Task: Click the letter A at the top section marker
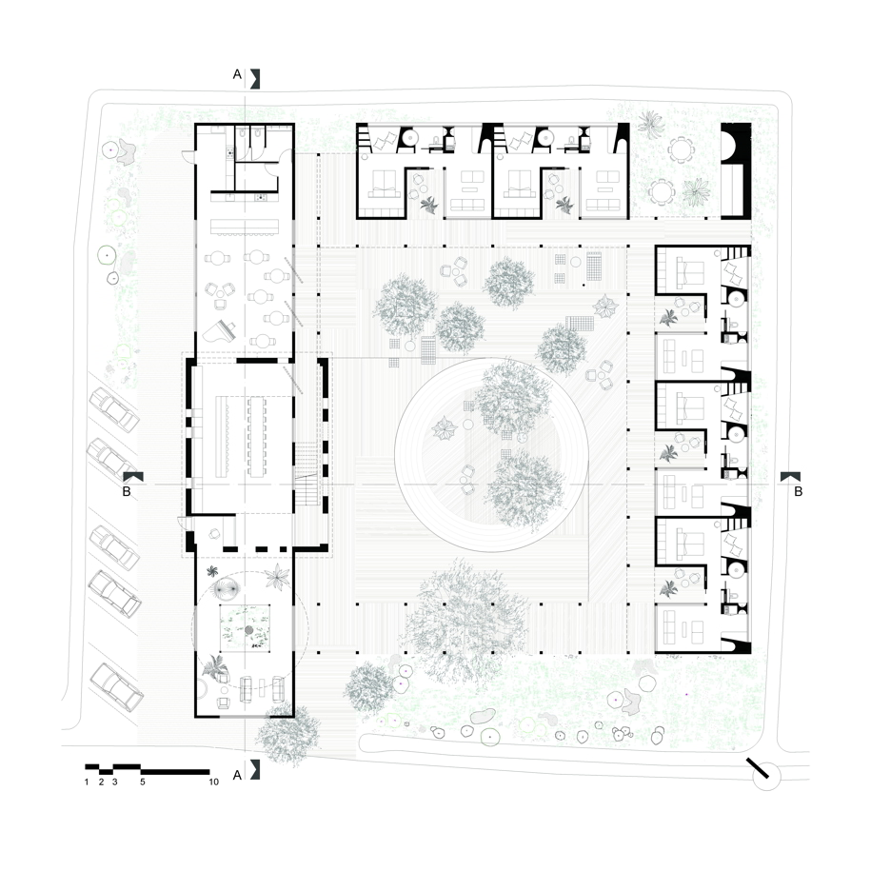pyautogui.click(x=237, y=74)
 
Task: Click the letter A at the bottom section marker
pyautogui.click(x=237, y=775)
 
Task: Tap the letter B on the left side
pyautogui.click(x=127, y=491)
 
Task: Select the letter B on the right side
pyautogui.click(x=799, y=491)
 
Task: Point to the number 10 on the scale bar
pyautogui.click(x=214, y=782)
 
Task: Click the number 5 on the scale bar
pyautogui.click(x=143, y=782)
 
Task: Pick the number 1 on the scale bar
pyautogui.click(x=87, y=782)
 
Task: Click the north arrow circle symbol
pyautogui.click(x=766, y=776)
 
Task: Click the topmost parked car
pyautogui.click(x=114, y=410)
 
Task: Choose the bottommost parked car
pyautogui.click(x=117, y=686)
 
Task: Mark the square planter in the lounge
pyautogui.click(x=246, y=627)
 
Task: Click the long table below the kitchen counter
pyautogui.click(x=245, y=227)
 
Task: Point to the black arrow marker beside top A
pyautogui.click(x=255, y=79)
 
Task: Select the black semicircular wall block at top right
pyautogui.click(x=736, y=144)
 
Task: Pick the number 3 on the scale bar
pyautogui.click(x=115, y=782)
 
